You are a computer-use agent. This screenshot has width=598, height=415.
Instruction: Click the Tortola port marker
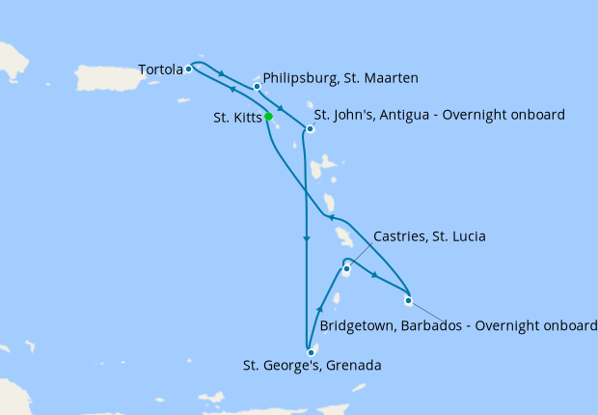point(188,69)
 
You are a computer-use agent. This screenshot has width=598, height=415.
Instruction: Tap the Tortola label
point(159,69)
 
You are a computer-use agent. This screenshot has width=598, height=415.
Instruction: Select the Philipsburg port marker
point(258,87)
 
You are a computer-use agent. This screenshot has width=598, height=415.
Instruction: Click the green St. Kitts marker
point(268,117)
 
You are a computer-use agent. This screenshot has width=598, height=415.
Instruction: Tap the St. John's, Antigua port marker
point(310,128)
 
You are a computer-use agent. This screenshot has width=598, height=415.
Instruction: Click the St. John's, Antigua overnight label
point(439,115)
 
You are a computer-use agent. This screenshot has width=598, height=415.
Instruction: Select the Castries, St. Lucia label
point(429,236)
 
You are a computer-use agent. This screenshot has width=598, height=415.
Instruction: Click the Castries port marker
point(345,269)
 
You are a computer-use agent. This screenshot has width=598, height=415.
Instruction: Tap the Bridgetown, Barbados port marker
point(408,300)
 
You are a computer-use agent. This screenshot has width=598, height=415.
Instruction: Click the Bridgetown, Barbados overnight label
point(458,325)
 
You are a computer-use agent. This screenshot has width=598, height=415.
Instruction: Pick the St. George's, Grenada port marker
point(311,352)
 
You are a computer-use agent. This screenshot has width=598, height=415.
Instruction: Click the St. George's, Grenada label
point(313,366)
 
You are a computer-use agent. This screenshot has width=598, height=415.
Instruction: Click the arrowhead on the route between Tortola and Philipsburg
point(223,74)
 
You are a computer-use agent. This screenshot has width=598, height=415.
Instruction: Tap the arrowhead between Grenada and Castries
point(319,309)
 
